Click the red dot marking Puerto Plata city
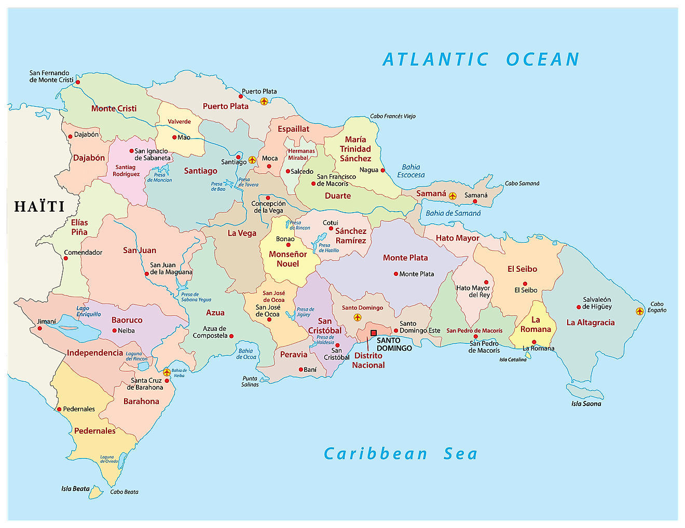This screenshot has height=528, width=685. tap(241, 96)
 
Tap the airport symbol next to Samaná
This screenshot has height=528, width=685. tap(453, 196)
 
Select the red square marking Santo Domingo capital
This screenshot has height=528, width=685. tap(373, 333)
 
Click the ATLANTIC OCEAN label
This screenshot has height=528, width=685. tap(481, 60)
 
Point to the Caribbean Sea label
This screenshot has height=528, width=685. tap(400, 454)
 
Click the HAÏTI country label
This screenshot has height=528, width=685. tap(39, 206)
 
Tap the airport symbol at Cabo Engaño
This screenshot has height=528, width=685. tap(639, 311)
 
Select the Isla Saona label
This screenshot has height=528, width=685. tap(586, 404)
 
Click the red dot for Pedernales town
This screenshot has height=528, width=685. tap(59, 409)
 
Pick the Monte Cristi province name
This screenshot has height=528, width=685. tap(114, 108)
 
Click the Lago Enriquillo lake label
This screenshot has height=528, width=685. tap(89, 311)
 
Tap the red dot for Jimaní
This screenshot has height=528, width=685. tap(39, 328)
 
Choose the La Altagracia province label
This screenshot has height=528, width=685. tap(590, 323)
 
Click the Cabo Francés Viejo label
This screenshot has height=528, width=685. tap(392, 116)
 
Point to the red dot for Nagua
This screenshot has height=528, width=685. tap(383, 170)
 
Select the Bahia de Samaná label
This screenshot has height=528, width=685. tap(453, 213)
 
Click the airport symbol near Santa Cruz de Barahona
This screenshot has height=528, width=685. tap(167, 372)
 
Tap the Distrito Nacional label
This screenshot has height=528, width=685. tap(368, 360)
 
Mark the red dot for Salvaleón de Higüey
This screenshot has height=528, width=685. tap(579, 307)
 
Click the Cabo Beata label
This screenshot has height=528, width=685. tap(124, 492)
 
